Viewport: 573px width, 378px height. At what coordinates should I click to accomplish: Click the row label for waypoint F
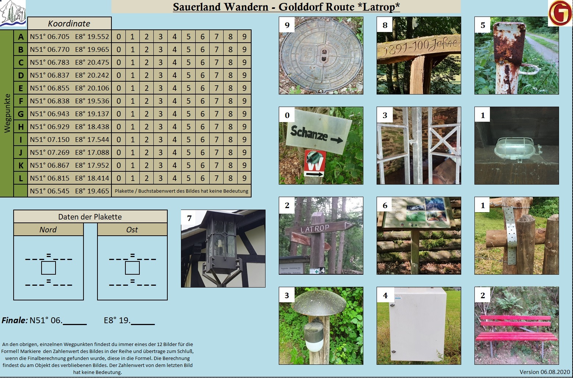click(x=21, y=101)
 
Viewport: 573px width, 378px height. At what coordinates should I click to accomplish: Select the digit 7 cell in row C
click(x=216, y=62)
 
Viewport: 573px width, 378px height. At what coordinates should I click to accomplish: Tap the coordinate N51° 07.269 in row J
click(x=50, y=152)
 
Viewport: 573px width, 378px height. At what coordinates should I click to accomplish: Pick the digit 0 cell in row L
click(x=118, y=178)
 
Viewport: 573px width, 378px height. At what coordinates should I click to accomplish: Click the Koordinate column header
click(x=69, y=24)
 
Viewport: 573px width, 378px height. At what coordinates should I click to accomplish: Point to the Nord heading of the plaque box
click(x=48, y=230)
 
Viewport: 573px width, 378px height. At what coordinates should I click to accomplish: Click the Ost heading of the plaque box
click(x=132, y=230)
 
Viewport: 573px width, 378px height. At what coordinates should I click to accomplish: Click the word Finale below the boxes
click(x=14, y=320)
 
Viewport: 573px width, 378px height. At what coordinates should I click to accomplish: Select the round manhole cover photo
click(x=321, y=55)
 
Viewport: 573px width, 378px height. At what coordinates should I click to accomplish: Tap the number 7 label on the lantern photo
click(x=189, y=218)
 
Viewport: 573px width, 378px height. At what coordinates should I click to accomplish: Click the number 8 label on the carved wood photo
click(x=385, y=25)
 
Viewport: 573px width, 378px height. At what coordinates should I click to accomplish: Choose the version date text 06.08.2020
click(x=556, y=372)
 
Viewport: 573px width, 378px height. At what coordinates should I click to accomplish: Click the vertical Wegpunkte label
click(x=7, y=113)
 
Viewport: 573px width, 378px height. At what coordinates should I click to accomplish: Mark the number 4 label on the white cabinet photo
click(x=385, y=296)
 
